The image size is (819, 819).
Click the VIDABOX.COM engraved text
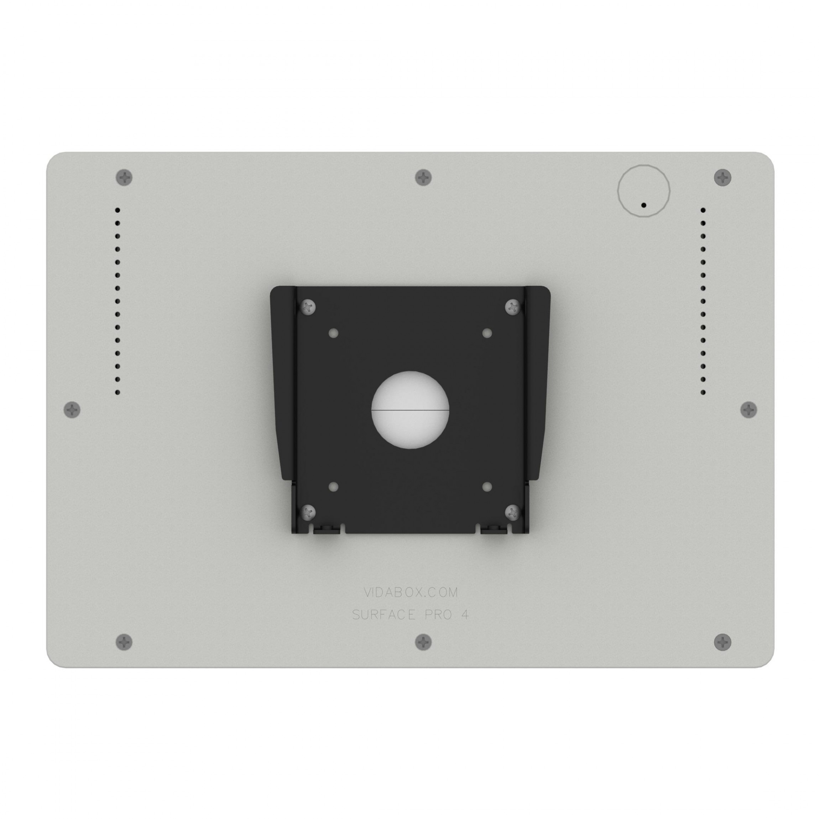pos(410,592)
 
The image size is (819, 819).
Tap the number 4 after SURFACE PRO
pos(465,615)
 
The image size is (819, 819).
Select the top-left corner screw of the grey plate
pos(124,177)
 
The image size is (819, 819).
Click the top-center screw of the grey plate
pos(423,177)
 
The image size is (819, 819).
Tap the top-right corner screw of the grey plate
pos(723,177)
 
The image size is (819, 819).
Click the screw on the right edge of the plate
pos(748,410)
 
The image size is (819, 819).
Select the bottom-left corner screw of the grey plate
pos(124,642)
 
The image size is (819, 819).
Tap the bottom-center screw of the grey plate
pos(423,642)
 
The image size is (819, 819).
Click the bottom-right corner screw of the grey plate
pos(723,642)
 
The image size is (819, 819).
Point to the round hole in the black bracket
pos(410,410)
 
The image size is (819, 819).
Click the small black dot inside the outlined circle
pos(643,205)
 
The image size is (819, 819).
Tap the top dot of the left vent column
pos(118,210)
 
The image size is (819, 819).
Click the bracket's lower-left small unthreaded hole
pos(334,487)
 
